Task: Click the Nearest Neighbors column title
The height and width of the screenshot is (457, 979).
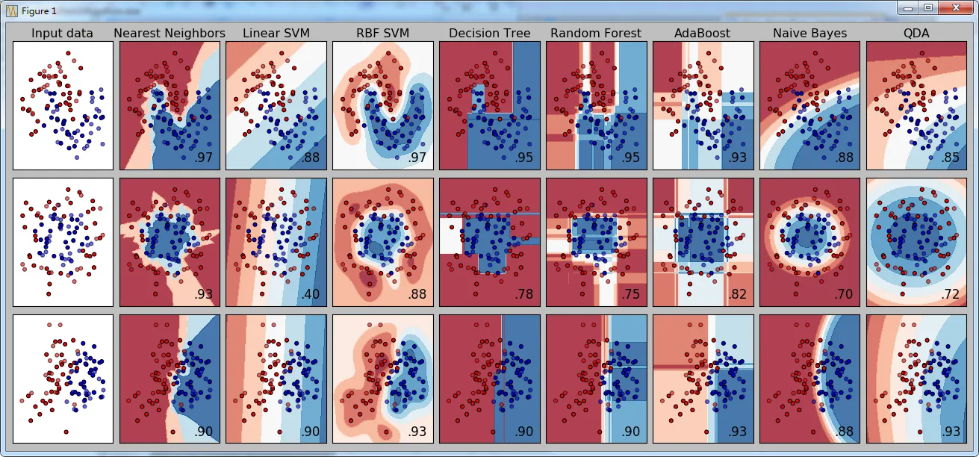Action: click(170, 33)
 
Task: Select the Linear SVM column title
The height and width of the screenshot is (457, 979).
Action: click(276, 33)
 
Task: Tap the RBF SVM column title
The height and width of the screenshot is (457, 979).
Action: click(382, 33)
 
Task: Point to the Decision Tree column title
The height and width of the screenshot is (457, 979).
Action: click(490, 33)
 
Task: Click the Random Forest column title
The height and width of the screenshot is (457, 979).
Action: click(596, 33)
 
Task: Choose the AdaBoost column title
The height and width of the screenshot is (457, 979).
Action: click(703, 33)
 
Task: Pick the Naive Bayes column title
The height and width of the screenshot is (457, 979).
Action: click(809, 33)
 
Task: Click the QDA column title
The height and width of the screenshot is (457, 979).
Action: click(916, 33)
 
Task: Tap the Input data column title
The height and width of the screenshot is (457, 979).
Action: click(63, 33)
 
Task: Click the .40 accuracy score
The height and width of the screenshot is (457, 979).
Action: click(310, 294)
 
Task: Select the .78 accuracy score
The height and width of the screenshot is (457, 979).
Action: click(523, 294)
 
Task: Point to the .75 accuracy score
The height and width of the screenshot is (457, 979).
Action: click(630, 294)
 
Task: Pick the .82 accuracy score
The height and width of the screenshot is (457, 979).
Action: click(737, 294)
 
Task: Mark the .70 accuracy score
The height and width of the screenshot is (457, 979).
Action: click(844, 294)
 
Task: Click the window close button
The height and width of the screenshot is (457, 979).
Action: click(952, 7)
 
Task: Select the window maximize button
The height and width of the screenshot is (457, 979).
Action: click(928, 7)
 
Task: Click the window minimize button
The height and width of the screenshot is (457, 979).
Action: click(908, 7)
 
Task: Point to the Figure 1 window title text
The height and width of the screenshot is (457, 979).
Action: click(39, 10)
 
